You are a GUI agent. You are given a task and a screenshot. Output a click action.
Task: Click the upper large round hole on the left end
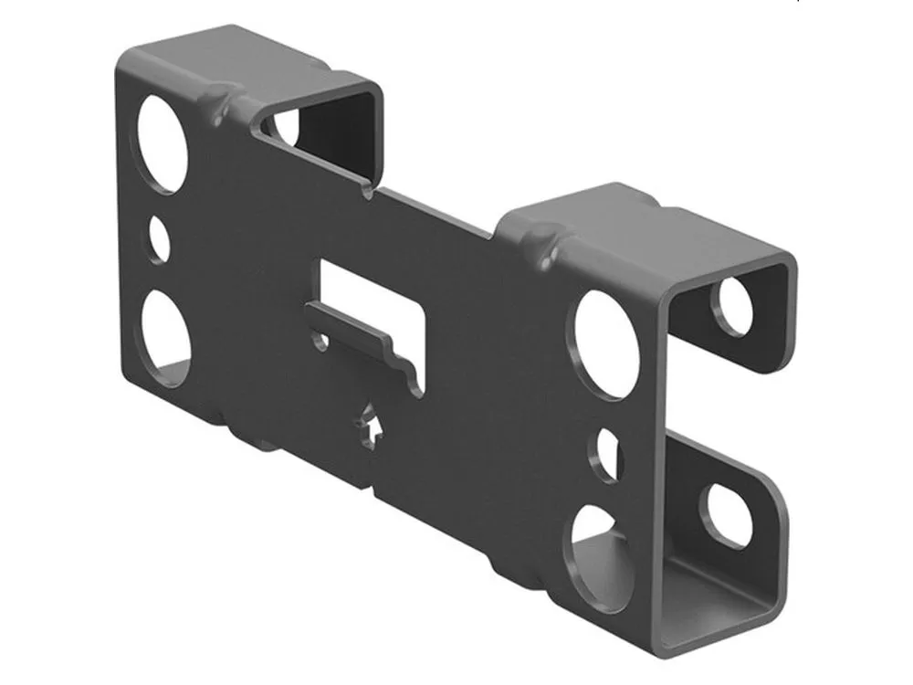point(164,143)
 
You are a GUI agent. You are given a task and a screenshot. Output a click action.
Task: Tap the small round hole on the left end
point(160,238)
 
